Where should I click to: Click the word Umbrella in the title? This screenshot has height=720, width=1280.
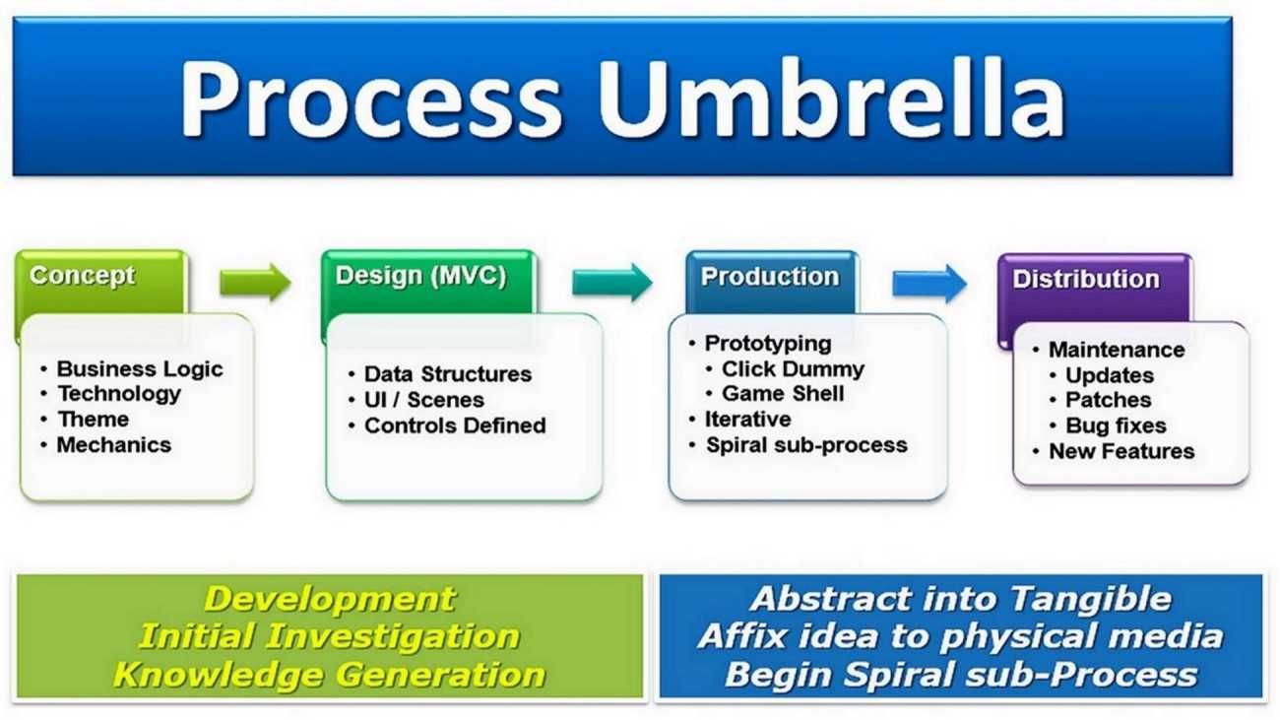click(831, 98)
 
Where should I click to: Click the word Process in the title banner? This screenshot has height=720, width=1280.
click(371, 98)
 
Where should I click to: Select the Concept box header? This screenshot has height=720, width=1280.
click(83, 276)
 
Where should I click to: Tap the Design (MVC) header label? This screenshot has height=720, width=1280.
click(421, 276)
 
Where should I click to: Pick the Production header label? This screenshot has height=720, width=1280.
click(770, 277)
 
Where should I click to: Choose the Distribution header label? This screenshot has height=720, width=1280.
click(1086, 279)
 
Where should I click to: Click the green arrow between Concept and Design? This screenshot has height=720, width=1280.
click(255, 283)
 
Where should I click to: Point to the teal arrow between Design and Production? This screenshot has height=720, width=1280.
click(612, 283)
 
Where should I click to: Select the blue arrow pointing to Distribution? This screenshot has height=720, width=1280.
click(929, 284)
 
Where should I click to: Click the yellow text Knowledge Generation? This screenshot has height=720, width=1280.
click(329, 675)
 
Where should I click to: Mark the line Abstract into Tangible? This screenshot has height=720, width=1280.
click(961, 599)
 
